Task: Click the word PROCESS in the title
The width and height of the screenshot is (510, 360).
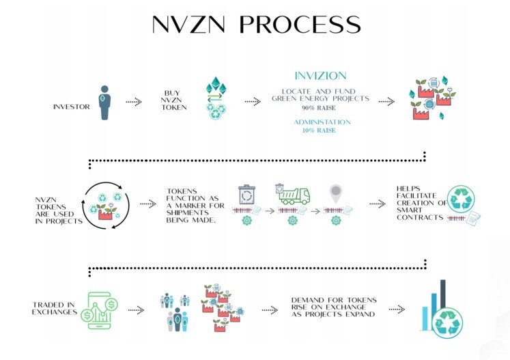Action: coord(300,24)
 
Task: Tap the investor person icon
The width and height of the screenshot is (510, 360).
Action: coord(104,102)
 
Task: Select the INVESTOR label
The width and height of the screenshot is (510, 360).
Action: coord(72,107)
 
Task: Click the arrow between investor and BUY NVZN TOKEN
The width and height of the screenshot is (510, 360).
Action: coord(134,102)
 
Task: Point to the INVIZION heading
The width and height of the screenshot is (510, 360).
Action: coord(320,76)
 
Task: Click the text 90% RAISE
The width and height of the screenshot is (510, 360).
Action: coord(319,108)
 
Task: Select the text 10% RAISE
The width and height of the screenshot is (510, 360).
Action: coord(319,130)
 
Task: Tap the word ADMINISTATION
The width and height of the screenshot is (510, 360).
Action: coord(322,122)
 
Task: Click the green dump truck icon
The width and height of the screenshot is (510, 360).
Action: coord(293,194)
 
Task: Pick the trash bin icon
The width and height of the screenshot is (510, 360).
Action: coord(247,195)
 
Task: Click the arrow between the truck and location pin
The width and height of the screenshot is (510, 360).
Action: coord(315,211)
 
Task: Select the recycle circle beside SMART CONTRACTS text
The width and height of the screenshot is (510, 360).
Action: coord(461,199)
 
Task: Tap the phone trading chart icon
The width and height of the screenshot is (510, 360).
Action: coord(100,310)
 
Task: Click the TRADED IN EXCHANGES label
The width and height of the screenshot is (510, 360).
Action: coord(55,308)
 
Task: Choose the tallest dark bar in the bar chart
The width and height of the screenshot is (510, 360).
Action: coord(442,294)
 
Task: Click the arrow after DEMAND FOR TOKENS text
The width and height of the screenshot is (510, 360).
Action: coord(397,309)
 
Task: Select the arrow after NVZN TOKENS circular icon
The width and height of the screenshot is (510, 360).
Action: coord(148,204)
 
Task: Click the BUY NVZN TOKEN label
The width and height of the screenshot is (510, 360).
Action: coord(174,100)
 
